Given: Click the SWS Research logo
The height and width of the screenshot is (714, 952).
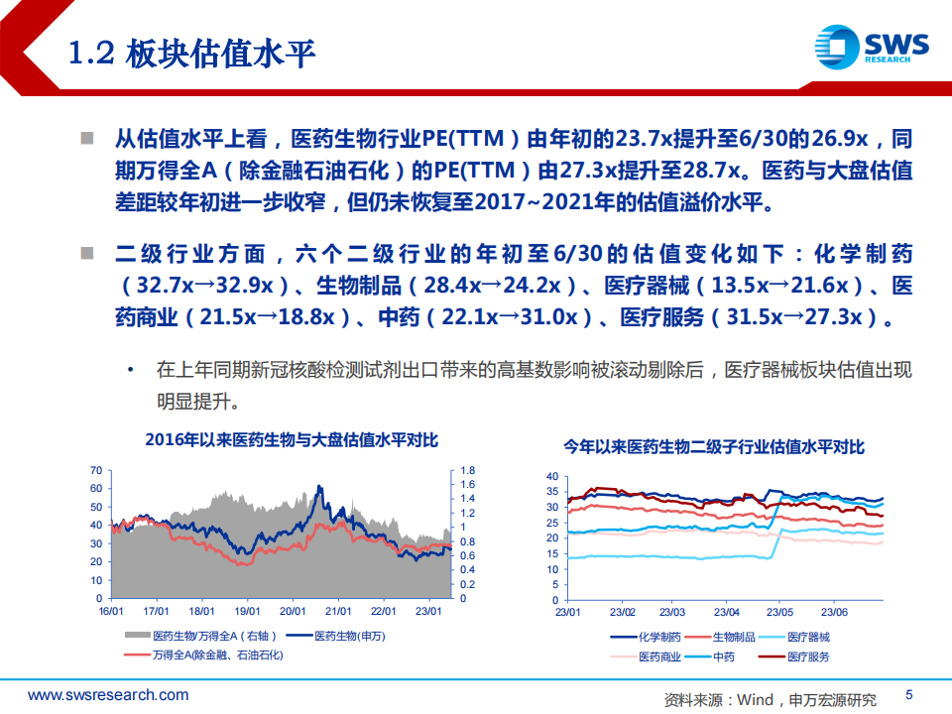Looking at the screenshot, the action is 872,47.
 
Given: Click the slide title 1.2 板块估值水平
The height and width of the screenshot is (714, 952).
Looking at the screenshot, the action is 191,54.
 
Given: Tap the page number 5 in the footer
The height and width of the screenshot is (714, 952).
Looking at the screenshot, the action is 909,694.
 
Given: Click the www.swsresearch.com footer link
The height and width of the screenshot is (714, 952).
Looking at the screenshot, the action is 108,695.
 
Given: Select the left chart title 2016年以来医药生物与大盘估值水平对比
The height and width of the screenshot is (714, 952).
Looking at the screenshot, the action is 292,439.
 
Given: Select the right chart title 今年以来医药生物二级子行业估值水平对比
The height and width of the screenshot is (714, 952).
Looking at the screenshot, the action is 714,447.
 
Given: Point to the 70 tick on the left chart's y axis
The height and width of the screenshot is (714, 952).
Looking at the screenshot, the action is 96,470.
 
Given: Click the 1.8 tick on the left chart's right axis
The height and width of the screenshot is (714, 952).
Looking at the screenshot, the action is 467,470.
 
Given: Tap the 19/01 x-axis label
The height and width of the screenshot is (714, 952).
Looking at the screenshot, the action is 247,612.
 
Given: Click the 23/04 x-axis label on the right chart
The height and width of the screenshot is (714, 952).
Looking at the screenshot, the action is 726,612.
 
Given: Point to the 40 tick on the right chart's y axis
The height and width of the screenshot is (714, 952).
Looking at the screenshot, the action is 552,477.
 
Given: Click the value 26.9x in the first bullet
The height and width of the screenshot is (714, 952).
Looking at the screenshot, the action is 840,139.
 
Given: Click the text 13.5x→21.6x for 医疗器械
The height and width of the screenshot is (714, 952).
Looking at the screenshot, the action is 779,285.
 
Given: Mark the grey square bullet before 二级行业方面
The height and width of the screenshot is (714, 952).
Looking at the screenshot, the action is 87,253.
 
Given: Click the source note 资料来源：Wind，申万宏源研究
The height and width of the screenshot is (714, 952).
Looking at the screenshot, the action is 770,700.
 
